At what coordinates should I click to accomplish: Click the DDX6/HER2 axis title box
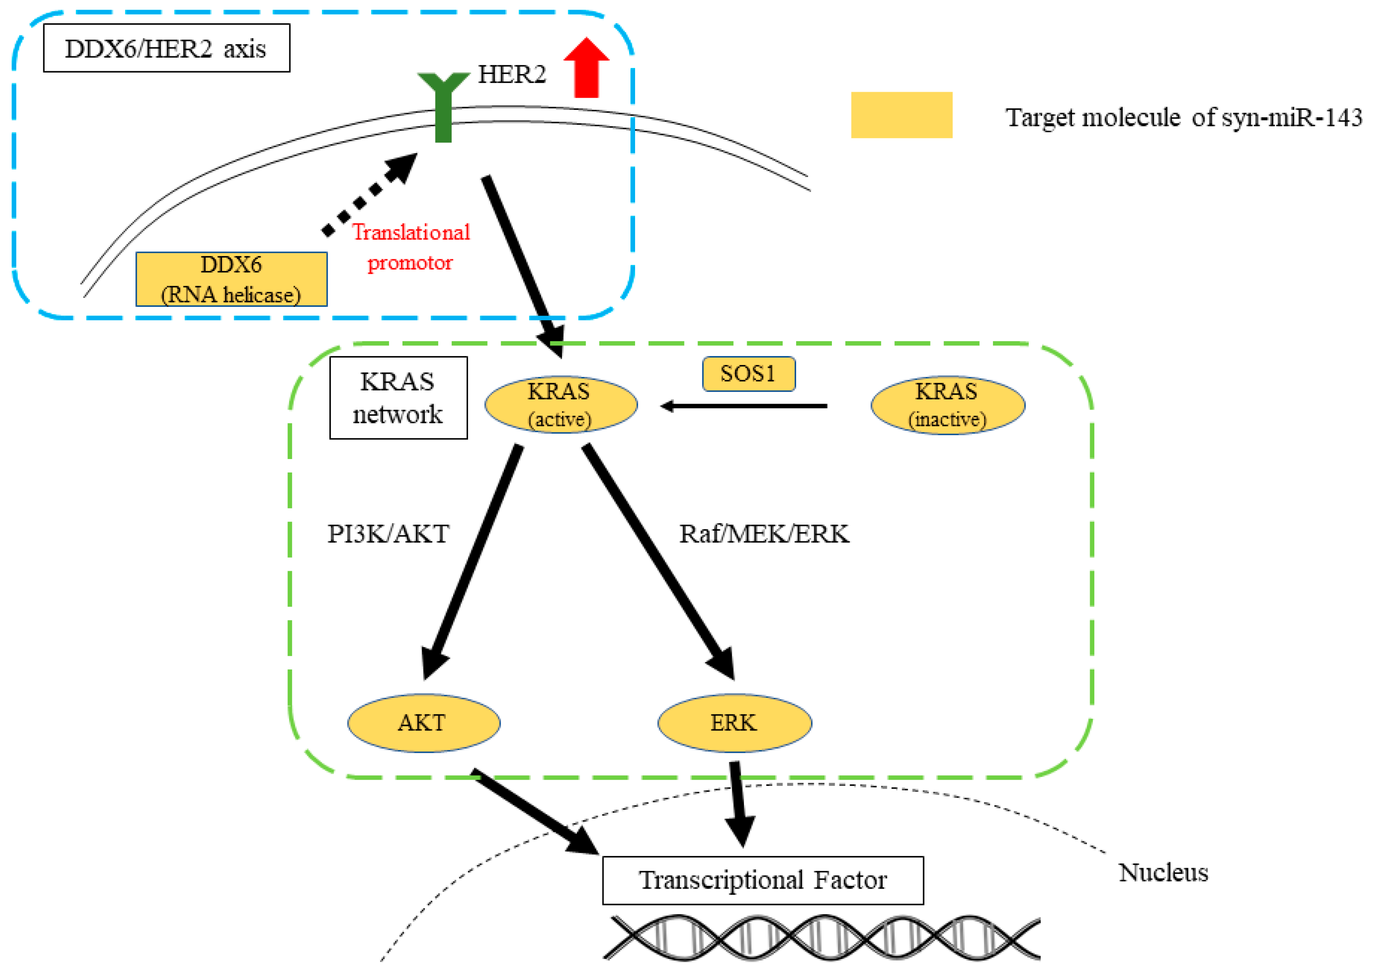[166, 48]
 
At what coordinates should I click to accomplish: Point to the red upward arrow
[586, 68]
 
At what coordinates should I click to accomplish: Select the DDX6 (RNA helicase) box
[231, 279]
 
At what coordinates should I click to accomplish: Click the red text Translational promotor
[411, 247]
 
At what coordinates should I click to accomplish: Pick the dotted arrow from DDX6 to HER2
[369, 194]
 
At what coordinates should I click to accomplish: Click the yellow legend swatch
[901, 115]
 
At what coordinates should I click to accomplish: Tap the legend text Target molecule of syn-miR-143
[1184, 117]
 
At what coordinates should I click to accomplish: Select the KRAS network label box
[398, 398]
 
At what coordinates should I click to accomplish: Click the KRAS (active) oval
[561, 405]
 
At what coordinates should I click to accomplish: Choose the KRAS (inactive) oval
[948, 405]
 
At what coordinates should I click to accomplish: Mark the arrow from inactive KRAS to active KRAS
[743, 406]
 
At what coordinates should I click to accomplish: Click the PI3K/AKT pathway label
[388, 534]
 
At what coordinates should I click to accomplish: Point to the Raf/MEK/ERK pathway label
[764, 534]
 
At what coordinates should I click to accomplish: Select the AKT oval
[423, 723]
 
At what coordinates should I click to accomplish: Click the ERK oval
[734, 723]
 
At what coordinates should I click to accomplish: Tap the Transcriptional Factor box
[763, 880]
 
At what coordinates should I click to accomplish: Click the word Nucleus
[1163, 872]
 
